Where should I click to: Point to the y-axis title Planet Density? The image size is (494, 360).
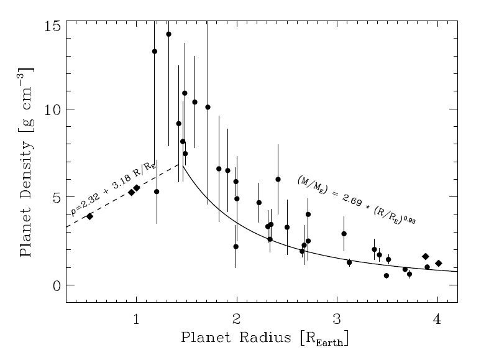pyautogui.click(x=26, y=162)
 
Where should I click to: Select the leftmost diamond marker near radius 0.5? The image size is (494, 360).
pyautogui.click(x=89, y=216)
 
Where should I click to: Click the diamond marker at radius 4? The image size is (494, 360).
pyautogui.click(x=438, y=264)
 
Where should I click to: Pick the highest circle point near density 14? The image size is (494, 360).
pyautogui.click(x=168, y=34)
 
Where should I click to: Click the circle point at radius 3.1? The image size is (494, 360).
pyautogui.click(x=349, y=262)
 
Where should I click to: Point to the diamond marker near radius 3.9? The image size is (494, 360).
pyautogui.click(x=426, y=257)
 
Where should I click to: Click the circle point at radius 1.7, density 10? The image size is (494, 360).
pyautogui.click(x=208, y=107)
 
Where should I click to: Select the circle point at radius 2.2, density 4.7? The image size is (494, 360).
pyautogui.click(x=258, y=203)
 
